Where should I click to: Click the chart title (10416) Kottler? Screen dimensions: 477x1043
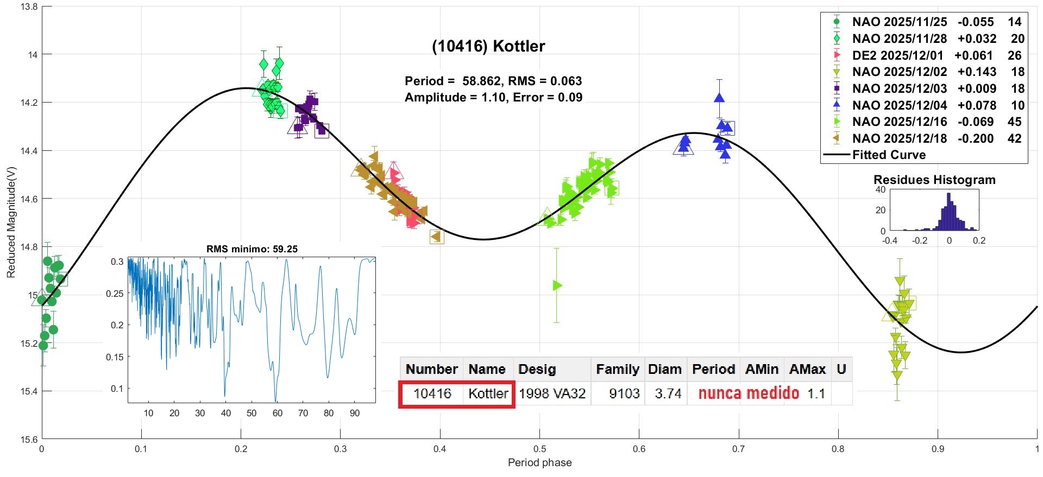click(488, 46)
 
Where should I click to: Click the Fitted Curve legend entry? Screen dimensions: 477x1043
click(889, 155)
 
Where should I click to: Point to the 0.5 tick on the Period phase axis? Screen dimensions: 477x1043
click(539, 449)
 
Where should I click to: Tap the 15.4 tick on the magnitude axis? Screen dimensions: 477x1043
click(29, 391)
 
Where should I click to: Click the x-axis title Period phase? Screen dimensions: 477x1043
click(539, 462)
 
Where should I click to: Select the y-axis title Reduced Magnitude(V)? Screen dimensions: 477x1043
click(11, 222)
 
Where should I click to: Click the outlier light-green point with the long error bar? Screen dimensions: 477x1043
click(557, 285)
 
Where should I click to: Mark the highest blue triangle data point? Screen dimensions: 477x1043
click(719, 98)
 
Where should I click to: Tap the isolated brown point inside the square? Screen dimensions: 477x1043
click(436, 236)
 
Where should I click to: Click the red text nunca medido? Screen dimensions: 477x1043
click(749, 393)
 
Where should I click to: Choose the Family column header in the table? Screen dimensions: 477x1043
click(617, 370)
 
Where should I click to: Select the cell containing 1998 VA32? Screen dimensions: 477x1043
click(552, 393)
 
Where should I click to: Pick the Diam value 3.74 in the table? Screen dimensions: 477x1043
click(668, 393)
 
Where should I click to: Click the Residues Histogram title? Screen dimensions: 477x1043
click(934, 180)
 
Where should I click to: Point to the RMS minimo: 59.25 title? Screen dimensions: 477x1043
click(252, 249)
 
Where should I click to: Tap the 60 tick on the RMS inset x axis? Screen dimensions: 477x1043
click(278, 413)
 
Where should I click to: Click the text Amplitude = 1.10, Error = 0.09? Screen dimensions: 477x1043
click(493, 98)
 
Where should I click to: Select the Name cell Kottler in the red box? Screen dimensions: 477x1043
click(488, 393)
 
